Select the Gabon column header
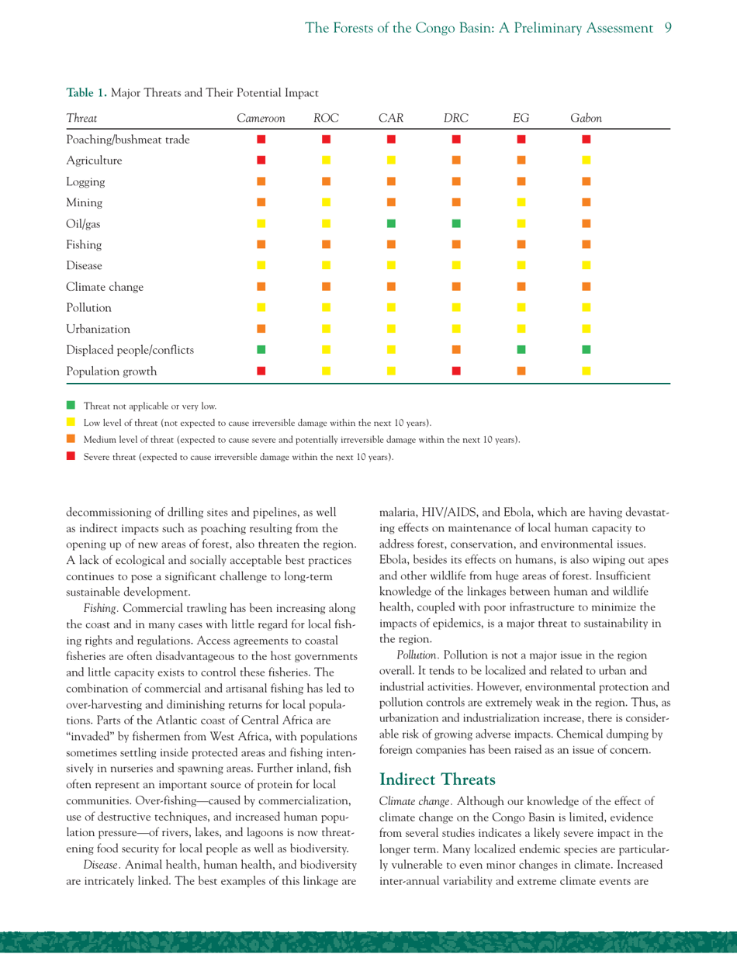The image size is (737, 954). click(x=586, y=119)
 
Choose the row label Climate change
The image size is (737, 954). click(x=104, y=287)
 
